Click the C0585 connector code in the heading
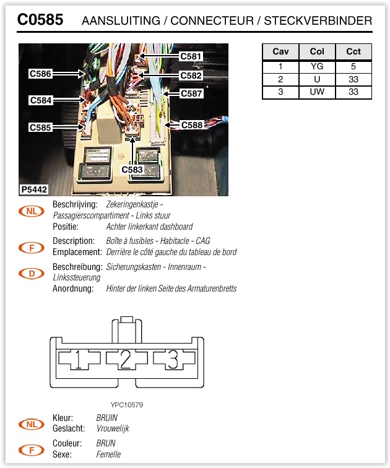coord(40,20)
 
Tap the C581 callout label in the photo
coord(191,56)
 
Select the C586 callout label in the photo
coord(40,74)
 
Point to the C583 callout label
coord(132,169)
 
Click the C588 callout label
coord(191,124)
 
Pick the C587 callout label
coord(191,93)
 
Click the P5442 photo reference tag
coord(34,189)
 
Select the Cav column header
coord(280,51)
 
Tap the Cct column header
coord(353,51)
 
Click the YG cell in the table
coord(317,66)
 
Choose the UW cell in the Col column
coord(317,92)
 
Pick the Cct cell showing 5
coord(353,66)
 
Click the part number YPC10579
coord(127,405)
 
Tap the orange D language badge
coord(32,272)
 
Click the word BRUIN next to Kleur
coord(106,418)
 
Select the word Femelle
coord(108,454)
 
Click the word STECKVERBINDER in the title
coord(318,21)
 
